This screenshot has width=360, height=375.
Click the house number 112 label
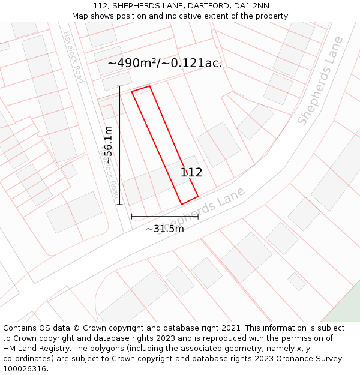(x=191, y=173)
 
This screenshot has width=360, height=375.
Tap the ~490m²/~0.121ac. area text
(x=165, y=63)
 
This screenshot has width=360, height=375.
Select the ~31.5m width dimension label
(x=164, y=229)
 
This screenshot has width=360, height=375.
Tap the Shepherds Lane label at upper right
(x=320, y=80)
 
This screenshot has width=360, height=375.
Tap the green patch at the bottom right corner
(x=344, y=310)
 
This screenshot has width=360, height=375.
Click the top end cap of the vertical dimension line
(x=119, y=86)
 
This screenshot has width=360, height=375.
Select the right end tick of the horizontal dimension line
(x=198, y=216)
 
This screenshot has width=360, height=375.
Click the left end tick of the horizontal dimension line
(x=131, y=216)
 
